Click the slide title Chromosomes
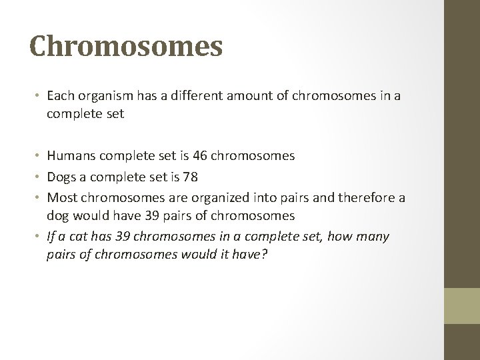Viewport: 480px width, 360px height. pyautogui.click(x=126, y=47)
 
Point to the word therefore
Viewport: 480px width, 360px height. pyautogui.click(x=337, y=199)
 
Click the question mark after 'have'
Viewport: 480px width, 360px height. pyautogui.click(x=265, y=255)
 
